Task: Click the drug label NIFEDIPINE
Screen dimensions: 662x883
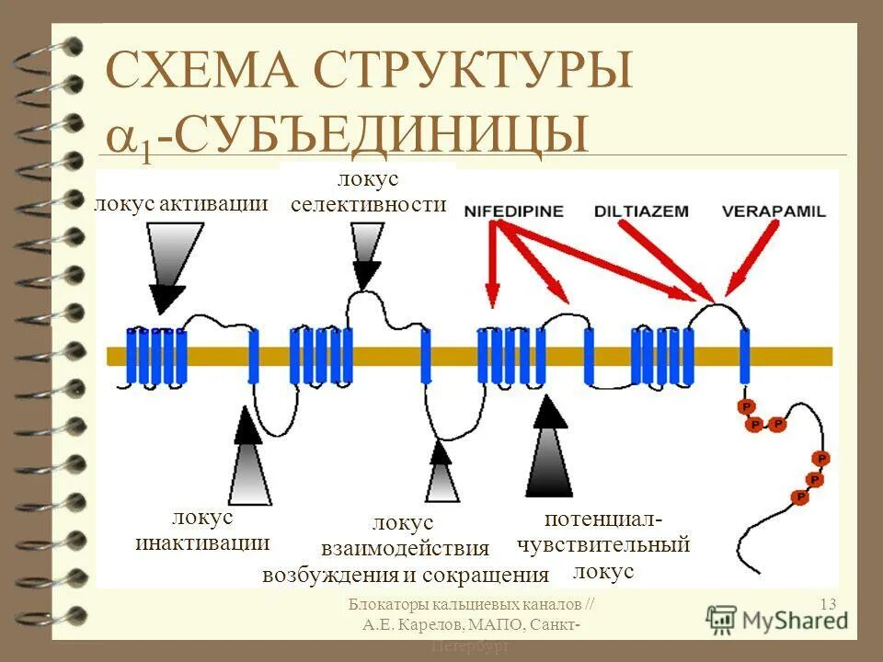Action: point(510,210)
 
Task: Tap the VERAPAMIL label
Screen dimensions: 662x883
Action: point(774,211)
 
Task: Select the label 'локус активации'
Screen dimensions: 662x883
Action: point(181,203)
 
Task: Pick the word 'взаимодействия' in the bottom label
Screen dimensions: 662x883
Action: point(405,549)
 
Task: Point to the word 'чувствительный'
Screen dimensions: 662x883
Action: point(602,544)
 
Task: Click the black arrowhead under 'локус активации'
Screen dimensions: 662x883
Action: point(166,297)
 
